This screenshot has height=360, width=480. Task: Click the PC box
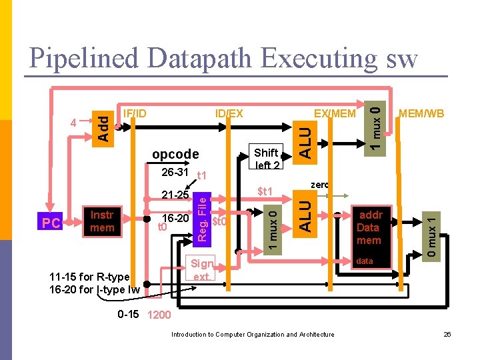[51, 222]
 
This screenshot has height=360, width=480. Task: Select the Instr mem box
[102, 221]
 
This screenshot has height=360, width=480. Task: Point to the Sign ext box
[201, 269]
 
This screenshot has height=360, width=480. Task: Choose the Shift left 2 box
[267, 159]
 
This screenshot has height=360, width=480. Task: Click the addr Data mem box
[369, 227]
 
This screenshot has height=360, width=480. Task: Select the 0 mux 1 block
[433, 235]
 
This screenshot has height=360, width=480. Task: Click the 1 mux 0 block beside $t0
[272, 227]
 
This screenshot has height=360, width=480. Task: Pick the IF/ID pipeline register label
[135, 113]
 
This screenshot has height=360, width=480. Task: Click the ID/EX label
[229, 113]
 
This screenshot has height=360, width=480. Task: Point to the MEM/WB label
[421, 113]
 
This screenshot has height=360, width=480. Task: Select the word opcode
[175, 154]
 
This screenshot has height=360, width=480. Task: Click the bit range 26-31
[175, 173]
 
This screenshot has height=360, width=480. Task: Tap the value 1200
[159, 315]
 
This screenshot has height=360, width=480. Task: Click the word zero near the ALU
[319, 185]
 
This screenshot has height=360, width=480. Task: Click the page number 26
[447, 334]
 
